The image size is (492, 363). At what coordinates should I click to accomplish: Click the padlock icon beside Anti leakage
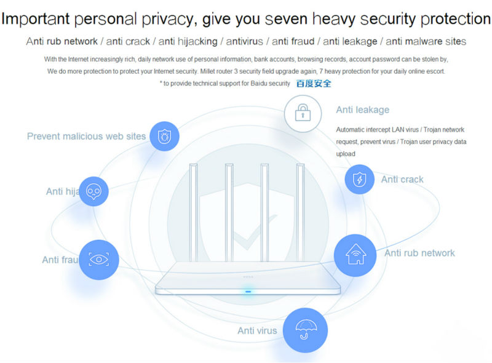coord(302,113)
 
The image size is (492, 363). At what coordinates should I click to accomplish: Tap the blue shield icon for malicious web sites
coord(164,137)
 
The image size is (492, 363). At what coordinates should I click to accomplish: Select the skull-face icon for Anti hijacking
coord(93,191)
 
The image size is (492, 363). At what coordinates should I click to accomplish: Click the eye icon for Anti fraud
coord(99,259)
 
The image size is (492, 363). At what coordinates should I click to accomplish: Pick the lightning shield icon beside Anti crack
coord(359,179)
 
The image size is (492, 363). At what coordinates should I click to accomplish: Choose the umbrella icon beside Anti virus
coord(305,330)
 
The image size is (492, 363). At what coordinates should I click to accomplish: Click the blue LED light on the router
coord(248,292)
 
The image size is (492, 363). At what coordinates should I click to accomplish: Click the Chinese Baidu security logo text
coord(314,83)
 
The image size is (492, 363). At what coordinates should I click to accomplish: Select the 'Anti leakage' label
coord(362,110)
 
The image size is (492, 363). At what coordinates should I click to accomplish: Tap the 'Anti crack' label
coord(402,180)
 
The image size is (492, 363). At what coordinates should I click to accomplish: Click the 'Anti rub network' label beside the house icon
coord(419,253)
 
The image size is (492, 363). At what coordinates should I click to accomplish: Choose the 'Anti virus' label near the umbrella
coord(257,331)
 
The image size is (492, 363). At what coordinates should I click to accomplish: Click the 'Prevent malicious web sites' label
coord(86,137)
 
